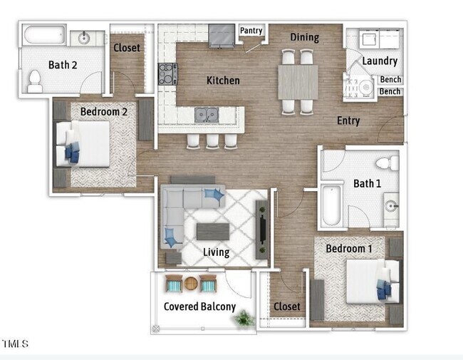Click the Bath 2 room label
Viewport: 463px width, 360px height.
[x=63, y=65]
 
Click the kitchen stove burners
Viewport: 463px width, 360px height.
[x=167, y=74]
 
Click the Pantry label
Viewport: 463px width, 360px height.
[x=251, y=31]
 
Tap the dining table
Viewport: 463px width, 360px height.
[x=298, y=81]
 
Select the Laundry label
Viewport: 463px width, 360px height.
[x=379, y=61]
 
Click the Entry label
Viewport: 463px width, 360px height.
[x=348, y=120]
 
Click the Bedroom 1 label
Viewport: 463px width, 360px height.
[x=348, y=249]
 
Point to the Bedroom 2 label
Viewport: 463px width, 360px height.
[x=103, y=112]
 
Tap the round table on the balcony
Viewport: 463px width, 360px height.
[x=192, y=284]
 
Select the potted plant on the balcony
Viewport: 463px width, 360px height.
[x=244, y=318]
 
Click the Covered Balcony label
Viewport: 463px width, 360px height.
[x=199, y=307]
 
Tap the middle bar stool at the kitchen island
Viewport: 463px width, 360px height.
[x=212, y=140]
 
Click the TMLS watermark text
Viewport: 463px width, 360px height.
[x=15, y=344]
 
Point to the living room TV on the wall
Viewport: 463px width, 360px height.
[x=262, y=229]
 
